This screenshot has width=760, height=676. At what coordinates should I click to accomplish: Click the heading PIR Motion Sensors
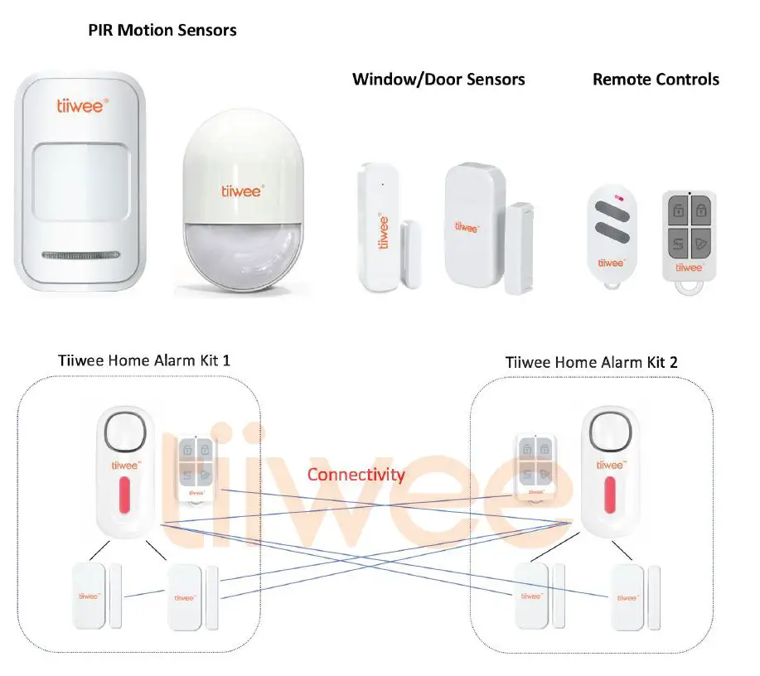(x=162, y=31)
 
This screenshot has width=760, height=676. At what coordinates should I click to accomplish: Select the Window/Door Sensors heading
(x=438, y=80)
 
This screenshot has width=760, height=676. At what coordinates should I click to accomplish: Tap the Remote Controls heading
(x=656, y=80)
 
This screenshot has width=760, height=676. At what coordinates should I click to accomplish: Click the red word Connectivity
(x=356, y=475)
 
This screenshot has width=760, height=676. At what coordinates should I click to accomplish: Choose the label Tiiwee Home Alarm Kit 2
(x=592, y=362)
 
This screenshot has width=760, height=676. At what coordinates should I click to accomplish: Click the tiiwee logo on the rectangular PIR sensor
(x=81, y=105)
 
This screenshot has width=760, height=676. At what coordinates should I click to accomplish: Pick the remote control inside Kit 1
(x=196, y=468)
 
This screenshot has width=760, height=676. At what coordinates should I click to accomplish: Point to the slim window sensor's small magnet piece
(x=410, y=254)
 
